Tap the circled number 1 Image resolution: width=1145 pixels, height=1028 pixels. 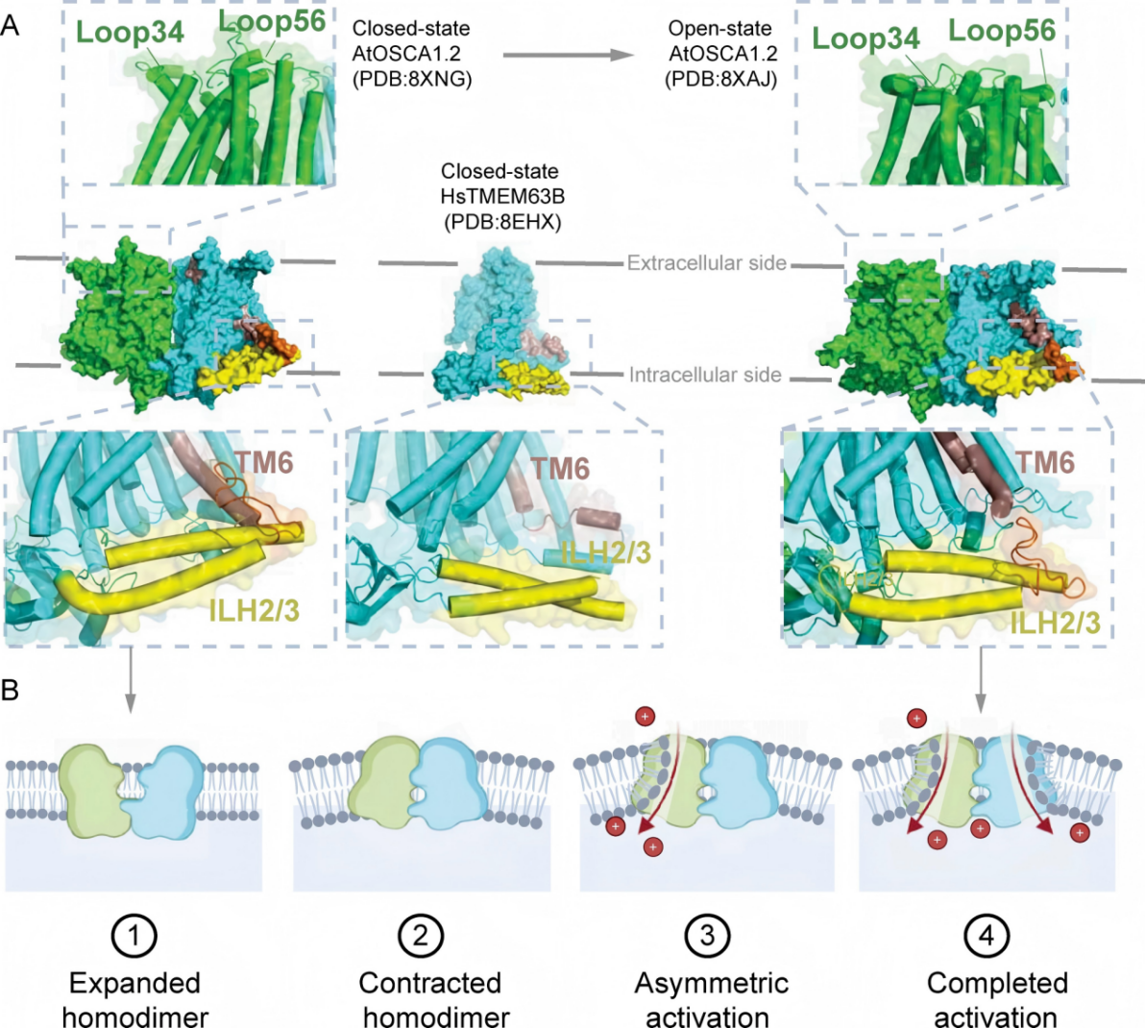pyautogui.click(x=134, y=934)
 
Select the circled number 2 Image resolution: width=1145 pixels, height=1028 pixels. pyautogui.click(x=421, y=934)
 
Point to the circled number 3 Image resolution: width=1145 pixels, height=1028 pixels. pyautogui.click(x=708, y=934)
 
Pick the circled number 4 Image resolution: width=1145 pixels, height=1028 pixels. pyautogui.click(x=989, y=934)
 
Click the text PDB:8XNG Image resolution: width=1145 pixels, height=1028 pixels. pyautogui.click(x=412, y=80)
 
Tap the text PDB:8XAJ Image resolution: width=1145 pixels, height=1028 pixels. pyautogui.click(x=720, y=80)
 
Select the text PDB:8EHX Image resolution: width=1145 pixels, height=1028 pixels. pyautogui.click(x=500, y=222)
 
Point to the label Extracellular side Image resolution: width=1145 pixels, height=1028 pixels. pyautogui.click(x=706, y=262)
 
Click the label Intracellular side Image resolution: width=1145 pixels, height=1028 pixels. pyautogui.click(x=705, y=375)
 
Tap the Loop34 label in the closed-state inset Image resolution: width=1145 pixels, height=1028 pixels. pyautogui.click(x=130, y=32)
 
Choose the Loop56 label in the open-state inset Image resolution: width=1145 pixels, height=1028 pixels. pyautogui.click(x=1001, y=31)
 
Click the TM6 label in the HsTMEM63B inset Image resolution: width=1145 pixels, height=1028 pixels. pyautogui.click(x=560, y=468)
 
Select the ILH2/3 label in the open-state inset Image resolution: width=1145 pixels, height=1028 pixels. pyautogui.click(x=1055, y=623)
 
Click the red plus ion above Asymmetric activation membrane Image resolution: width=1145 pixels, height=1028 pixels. pyautogui.click(x=645, y=716)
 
